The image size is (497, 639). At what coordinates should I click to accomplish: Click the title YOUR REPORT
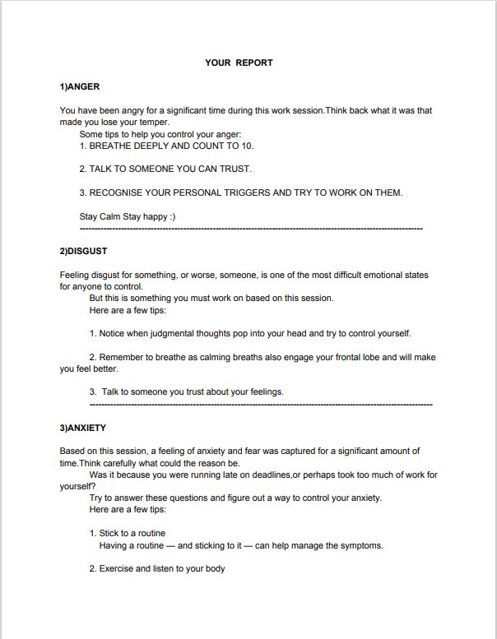(239, 63)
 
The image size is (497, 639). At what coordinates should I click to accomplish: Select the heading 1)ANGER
(80, 86)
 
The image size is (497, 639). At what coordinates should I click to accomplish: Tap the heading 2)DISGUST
(83, 251)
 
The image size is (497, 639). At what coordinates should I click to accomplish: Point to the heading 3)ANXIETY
(83, 428)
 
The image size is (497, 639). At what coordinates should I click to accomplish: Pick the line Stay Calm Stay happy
(128, 216)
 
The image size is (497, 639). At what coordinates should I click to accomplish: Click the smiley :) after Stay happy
(170, 216)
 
